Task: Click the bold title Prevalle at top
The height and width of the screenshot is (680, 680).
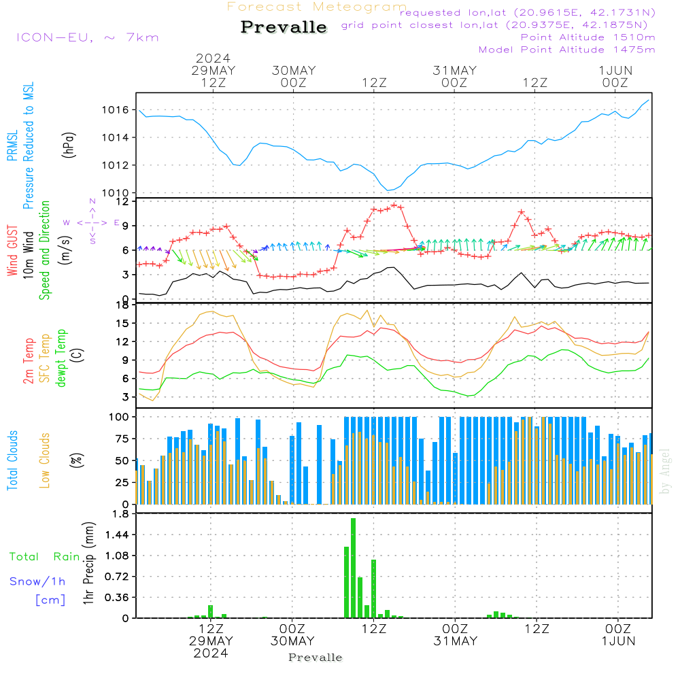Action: (284, 27)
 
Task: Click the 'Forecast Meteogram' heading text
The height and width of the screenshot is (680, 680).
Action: (317, 7)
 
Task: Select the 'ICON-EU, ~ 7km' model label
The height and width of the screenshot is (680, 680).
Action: (88, 37)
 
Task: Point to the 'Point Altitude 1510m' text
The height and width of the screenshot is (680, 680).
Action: (588, 37)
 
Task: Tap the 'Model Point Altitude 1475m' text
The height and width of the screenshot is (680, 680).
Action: (566, 50)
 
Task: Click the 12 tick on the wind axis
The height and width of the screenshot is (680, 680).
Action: (123, 202)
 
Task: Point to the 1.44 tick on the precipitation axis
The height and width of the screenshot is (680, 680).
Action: (118, 535)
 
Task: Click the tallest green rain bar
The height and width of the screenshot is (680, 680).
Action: (354, 568)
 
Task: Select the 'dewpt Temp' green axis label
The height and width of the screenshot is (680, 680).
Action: (61, 358)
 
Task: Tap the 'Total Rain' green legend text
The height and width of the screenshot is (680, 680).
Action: (45, 557)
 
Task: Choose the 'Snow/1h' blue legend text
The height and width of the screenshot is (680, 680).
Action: (37, 581)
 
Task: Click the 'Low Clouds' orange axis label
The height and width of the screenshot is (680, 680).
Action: (45, 460)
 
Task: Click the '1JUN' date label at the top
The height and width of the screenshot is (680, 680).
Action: (615, 70)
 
